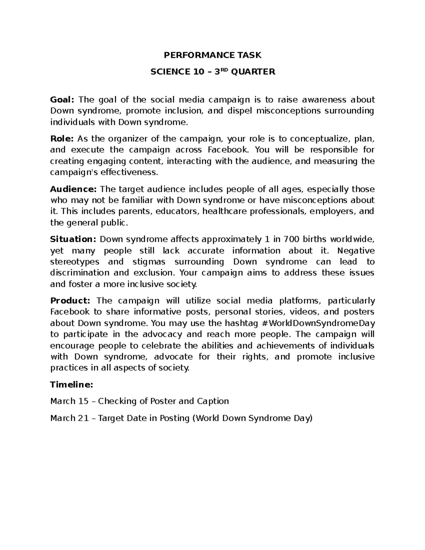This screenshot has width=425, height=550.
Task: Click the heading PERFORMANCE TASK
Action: (x=212, y=55)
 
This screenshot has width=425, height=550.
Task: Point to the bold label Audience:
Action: (x=73, y=189)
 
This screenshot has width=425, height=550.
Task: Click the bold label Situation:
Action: (x=73, y=239)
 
